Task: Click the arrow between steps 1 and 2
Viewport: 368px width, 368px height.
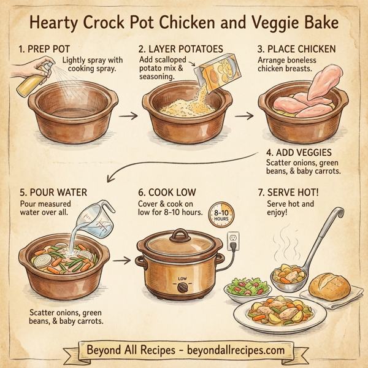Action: (127, 115)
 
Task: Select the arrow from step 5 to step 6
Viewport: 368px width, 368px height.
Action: (125, 261)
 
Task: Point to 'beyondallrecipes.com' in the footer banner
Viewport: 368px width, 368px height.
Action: (236, 350)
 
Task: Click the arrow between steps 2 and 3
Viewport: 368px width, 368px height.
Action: (244, 115)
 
